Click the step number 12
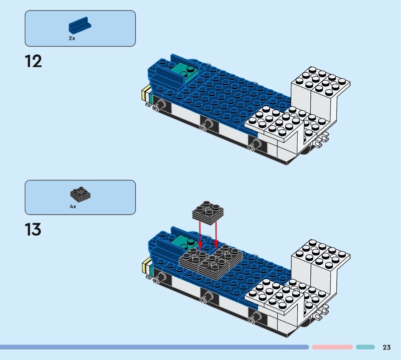(33, 61)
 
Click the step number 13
(33, 229)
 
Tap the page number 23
(386, 347)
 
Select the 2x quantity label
(72, 39)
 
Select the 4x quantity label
(73, 206)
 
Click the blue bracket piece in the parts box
(80, 25)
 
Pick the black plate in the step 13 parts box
(80, 194)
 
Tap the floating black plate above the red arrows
(208, 213)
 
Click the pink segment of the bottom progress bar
(332, 347)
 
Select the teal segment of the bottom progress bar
(365, 347)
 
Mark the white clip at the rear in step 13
(321, 312)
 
